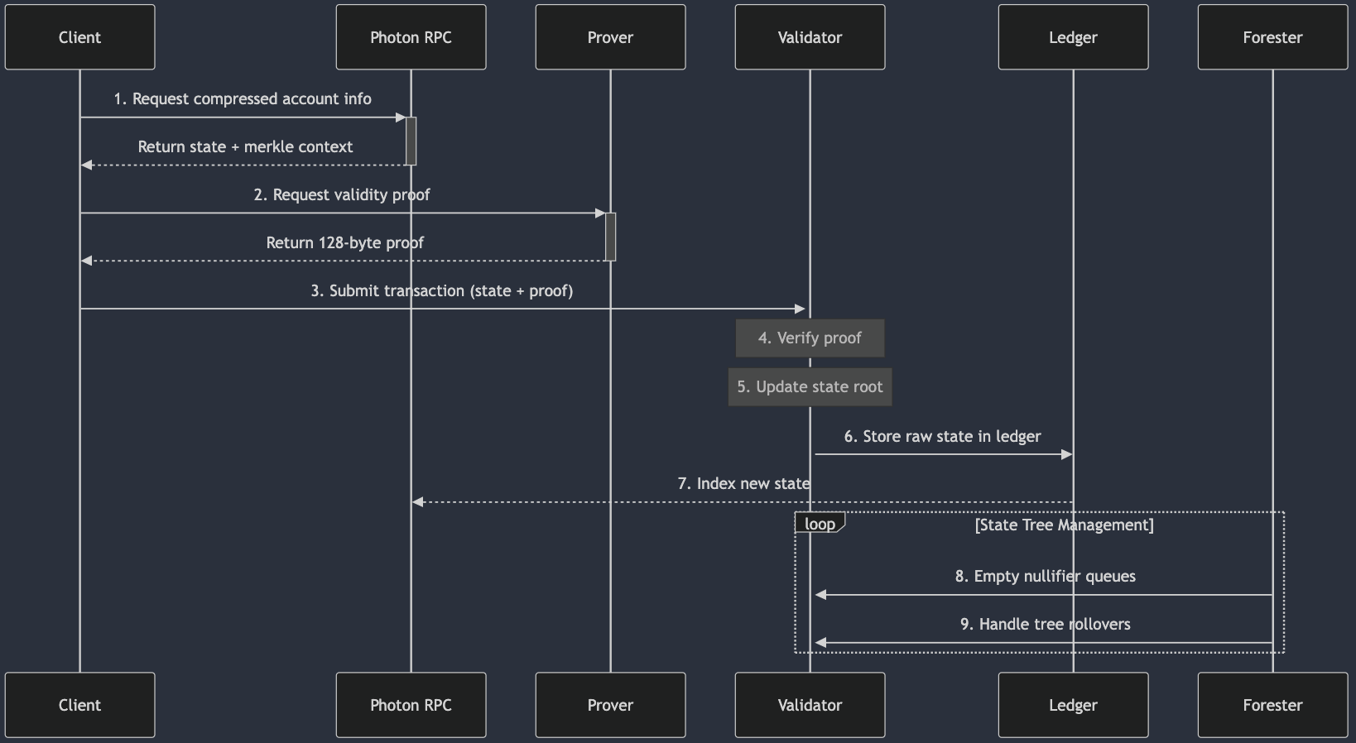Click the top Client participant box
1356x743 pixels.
coord(79,37)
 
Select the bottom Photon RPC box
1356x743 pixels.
coord(411,705)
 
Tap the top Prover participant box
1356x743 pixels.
coord(610,37)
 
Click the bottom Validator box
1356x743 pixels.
coord(810,705)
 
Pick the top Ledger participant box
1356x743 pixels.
coord(1073,37)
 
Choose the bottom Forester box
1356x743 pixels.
coord(1272,705)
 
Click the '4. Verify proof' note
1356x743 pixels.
coord(810,338)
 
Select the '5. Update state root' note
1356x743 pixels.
coord(810,386)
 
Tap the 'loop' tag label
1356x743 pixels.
coord(820,524)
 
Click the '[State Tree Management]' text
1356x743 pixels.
coord(1064,525)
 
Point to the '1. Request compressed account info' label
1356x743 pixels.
coord(243,98)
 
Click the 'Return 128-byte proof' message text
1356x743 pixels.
coord(344,242)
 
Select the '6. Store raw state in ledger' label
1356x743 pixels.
coord(942,436)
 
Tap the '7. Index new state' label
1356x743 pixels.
coord(743,483)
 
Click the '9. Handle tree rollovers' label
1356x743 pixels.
coord(1045,624)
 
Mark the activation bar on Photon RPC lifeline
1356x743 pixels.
coord(411,141)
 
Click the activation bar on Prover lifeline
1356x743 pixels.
coord(610,237)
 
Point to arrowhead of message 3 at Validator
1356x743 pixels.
coord(801,309)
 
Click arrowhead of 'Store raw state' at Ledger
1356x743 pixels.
coord(1067,454)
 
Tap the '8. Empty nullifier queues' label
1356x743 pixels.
coord(1045,576)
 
